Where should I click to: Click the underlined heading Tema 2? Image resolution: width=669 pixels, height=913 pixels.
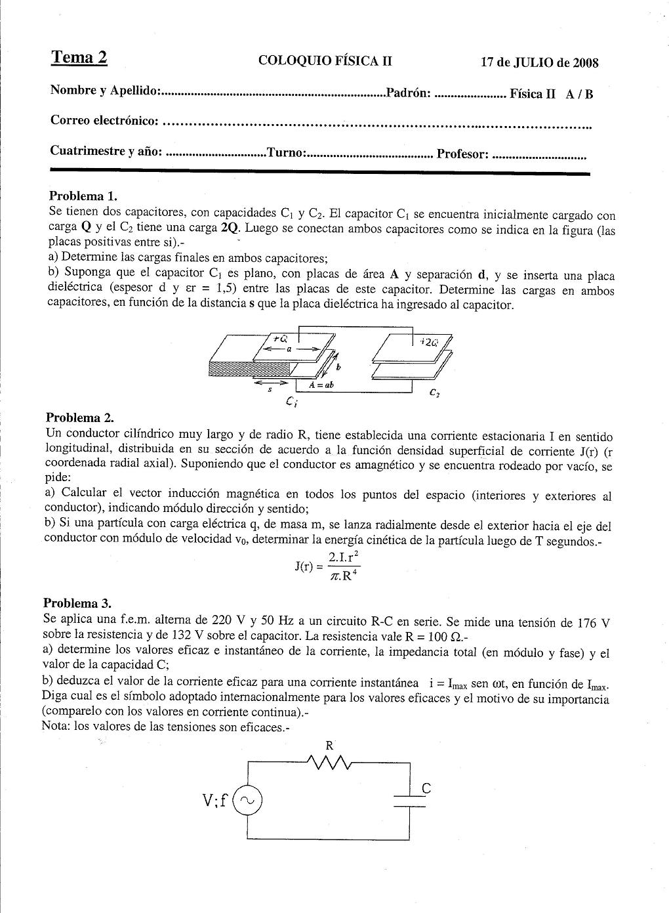pos(79,58)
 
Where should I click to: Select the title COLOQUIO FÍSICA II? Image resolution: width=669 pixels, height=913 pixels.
pos(325,61)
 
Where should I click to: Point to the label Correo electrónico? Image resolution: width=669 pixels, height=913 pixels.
pos(104,121)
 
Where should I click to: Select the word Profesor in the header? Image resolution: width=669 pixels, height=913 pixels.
pos(462,154)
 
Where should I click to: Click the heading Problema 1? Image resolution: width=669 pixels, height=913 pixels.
pos(83,196)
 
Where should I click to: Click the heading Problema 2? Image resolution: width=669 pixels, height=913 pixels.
pos(79,417)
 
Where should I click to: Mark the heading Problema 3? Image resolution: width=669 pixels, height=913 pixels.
pos(77,603)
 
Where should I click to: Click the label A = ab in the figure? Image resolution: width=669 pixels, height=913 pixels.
pos(321,385)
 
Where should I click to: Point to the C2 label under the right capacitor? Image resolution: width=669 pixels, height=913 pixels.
pos(434,393)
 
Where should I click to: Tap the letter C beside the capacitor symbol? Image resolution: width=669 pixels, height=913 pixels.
pos(426,790)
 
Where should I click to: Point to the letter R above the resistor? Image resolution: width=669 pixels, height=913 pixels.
pos(329,746)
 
